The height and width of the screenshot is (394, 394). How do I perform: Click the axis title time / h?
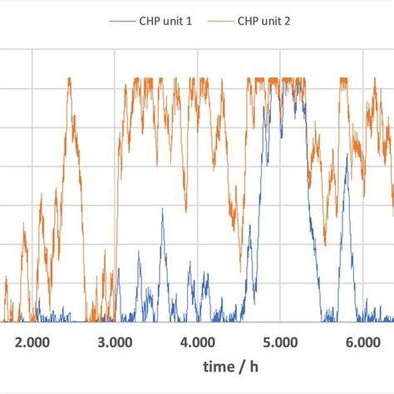[x=239, y=367]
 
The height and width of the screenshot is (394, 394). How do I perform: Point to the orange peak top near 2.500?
[x=69, y=80]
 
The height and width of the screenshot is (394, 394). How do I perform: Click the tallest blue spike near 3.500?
[x=162, y=209]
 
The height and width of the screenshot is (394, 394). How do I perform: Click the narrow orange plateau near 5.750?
[x=342, y=80]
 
